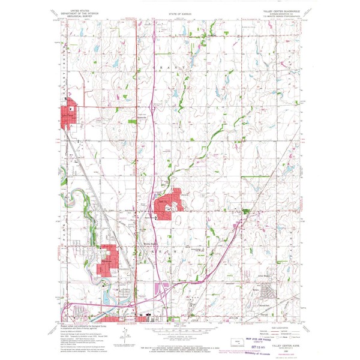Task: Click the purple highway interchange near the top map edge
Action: click(x=155, y=38)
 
